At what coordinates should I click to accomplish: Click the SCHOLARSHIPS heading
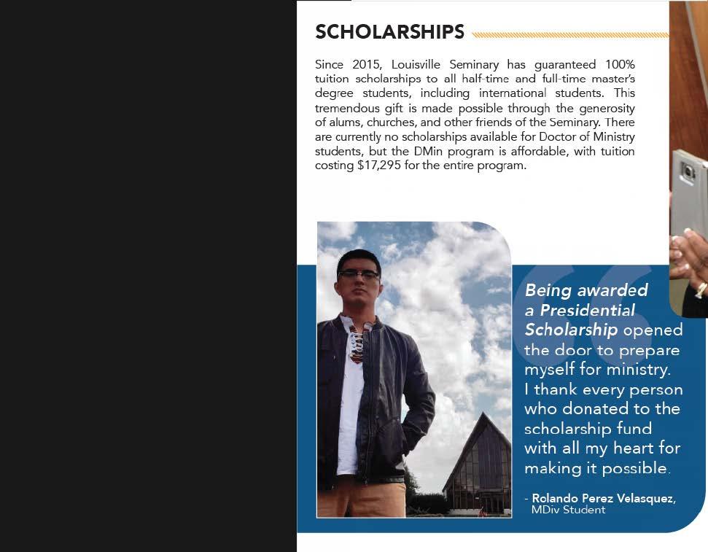pos(389,32)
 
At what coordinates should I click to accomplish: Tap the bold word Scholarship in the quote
pos(571,330)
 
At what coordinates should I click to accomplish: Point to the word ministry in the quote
pos(637,369)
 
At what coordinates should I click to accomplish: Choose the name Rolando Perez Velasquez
pos(604,498)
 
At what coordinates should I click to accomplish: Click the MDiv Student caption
pos(568,510)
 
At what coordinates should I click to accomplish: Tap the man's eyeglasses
pos(358,275)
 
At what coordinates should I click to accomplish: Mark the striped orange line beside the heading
pos(569,34)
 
